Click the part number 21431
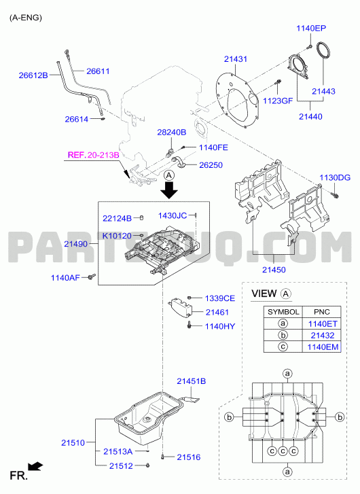coord(236,59)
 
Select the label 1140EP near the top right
coord(311,29)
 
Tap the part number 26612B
coord(33,75)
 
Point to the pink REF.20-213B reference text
coord(94,155)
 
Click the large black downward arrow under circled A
coord(169,190)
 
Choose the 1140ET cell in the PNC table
coord(322,324)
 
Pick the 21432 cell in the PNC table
coord(322,335)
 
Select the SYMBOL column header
coord(283,312)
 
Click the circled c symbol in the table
coord(283,347)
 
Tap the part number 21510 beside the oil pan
coord(73,442)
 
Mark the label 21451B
coord(191,381)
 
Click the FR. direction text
coord(18,476)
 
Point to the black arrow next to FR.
coord(35,466)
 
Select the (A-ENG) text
coord(26,18)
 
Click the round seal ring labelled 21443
coord(323,50)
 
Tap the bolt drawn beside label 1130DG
coord(335,195)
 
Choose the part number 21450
coord(274,270)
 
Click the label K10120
coord(117,236)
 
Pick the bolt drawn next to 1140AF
coord(92,277)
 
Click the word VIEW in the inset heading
coord(264,294)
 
